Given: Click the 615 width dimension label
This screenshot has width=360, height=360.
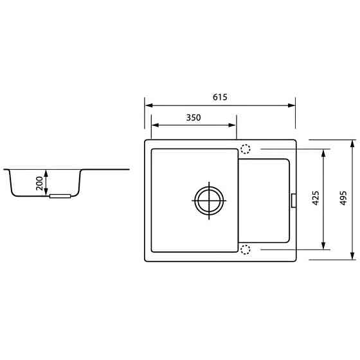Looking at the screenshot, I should pyautogui.click(x=220, y=97).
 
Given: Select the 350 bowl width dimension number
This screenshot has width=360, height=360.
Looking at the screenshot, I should pyautogui.click(x=194, y=118).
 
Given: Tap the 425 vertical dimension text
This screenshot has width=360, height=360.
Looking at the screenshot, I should pyautogui.click(x=315, y=198).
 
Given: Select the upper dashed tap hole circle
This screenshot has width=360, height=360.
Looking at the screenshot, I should pyautogui.click(x=246, y=149).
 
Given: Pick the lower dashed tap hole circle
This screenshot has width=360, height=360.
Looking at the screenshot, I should pyautogui.click(x=246, y=249).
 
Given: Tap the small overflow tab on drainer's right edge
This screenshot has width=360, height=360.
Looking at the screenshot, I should pyautogui.click(x=293, y=200).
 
